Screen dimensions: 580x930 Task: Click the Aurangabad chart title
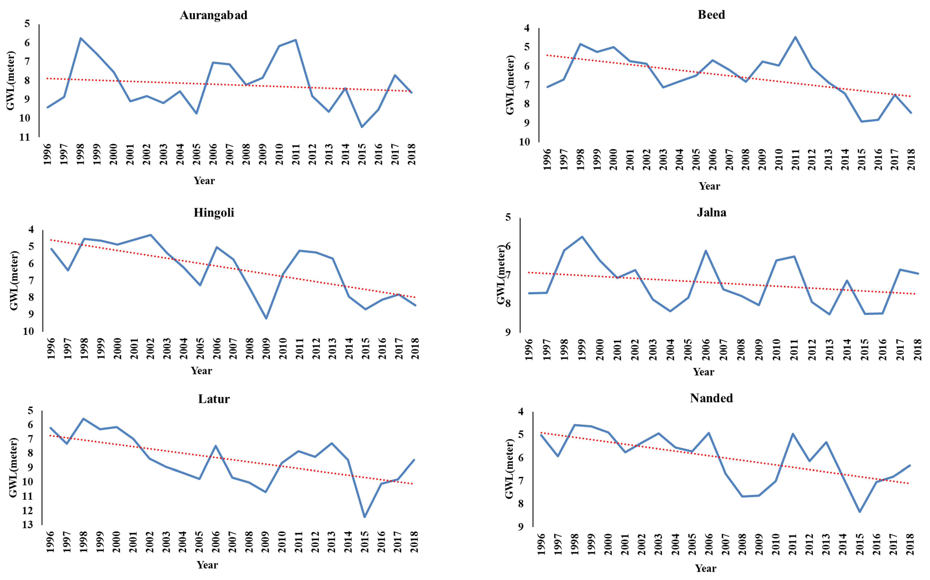214,15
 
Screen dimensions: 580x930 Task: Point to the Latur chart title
214,399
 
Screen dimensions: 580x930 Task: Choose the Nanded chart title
711,398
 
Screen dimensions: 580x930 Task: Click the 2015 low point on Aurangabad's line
362,127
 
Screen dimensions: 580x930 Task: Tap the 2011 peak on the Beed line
795,37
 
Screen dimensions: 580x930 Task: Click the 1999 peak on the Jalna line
582,237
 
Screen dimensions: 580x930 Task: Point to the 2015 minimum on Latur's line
364,517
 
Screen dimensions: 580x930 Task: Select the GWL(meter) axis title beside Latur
13,468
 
